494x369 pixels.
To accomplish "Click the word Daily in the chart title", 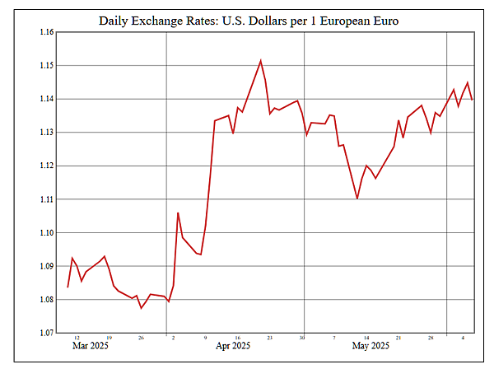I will point(117,19).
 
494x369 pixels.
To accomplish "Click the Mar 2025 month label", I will point(91,347).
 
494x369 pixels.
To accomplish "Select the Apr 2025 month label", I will point(232,347).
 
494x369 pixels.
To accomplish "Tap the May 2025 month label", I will point(370,347).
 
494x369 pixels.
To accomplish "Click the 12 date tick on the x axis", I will point(77,338).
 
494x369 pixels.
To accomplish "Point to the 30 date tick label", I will point(302,338).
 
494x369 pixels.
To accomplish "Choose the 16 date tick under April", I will point(237,338).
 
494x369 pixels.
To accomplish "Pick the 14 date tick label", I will point(366,338).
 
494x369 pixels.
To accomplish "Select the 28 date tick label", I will point(431,338).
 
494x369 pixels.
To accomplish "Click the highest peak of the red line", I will point(261,60).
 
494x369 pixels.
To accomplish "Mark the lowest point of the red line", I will point(142,308).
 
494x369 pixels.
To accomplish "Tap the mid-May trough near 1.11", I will point(357,199).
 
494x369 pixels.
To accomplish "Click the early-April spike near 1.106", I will point(178,213).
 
